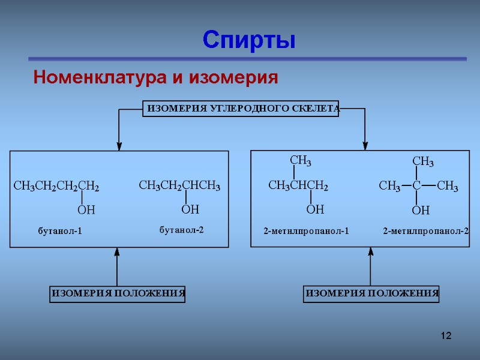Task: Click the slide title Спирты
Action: coord(249,40)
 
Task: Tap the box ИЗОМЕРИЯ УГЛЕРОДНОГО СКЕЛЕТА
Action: coord(241,109)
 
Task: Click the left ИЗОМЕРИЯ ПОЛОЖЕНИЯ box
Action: coord(117,294)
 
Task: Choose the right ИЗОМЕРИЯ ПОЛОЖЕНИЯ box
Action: coord(371,294)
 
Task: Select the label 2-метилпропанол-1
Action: coord(306,231)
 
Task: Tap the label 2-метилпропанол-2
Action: coord(426,231)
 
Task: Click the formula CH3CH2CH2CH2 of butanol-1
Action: coord(56,188)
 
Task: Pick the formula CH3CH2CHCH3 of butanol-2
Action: coord(180,187)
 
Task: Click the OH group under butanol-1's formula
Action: coord(87,211)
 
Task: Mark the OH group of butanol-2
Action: coord(190,209)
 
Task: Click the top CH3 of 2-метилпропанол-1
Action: coord(301,161)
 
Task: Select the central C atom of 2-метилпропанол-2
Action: coord(416,187)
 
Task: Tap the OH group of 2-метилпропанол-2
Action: coord(421,211)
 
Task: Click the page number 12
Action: coord(445,334)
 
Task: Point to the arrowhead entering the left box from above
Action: coord(119,146)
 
